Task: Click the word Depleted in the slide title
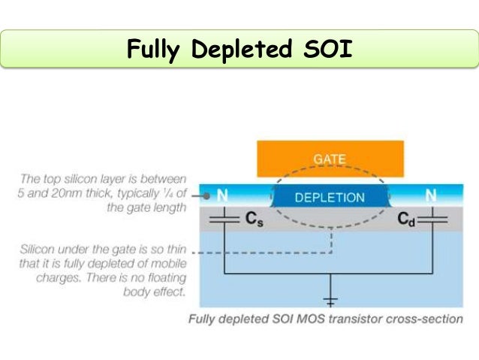click(241, 49)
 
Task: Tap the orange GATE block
click(330, 159)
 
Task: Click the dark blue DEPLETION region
click(330, 198)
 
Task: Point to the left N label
click(223, 195)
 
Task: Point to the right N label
click(431, 195)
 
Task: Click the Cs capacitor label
click(253, 219)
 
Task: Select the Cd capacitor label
click(405, 219)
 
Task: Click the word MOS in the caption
click(309, 318)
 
